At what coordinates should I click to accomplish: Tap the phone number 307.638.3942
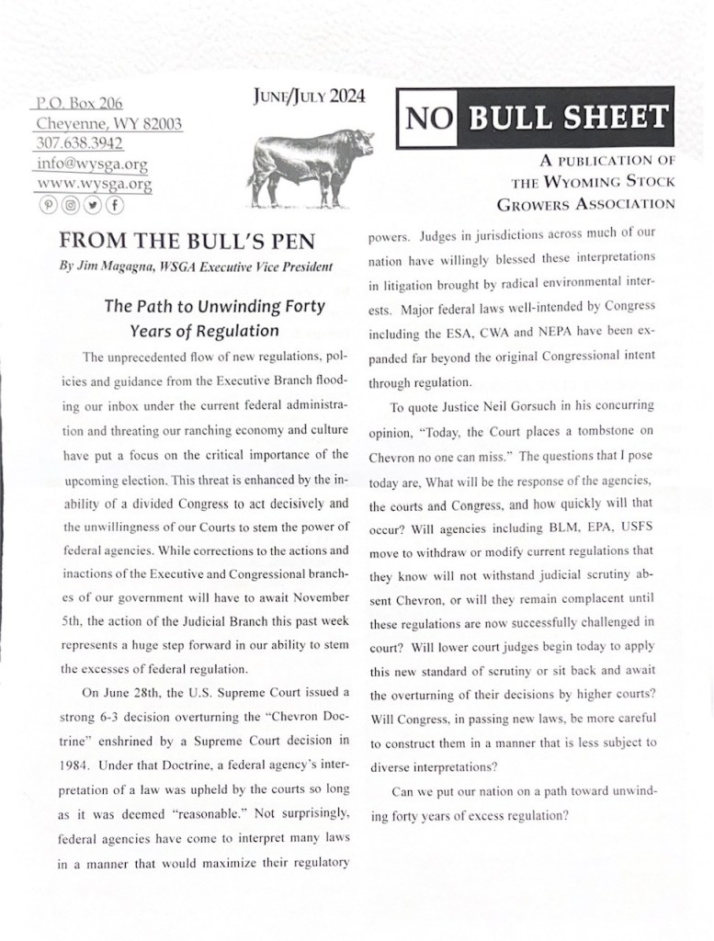coord(80,143)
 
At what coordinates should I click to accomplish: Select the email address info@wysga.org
coord(92,164)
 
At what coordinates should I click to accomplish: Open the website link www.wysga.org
coord(94,184)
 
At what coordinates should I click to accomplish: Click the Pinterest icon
coord(46,205)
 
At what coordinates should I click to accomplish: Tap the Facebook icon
coord(115,205)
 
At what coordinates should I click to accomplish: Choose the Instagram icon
coord(69,205)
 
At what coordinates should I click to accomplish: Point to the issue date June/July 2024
coord(295,96)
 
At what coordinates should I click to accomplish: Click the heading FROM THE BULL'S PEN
coord(187,243)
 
